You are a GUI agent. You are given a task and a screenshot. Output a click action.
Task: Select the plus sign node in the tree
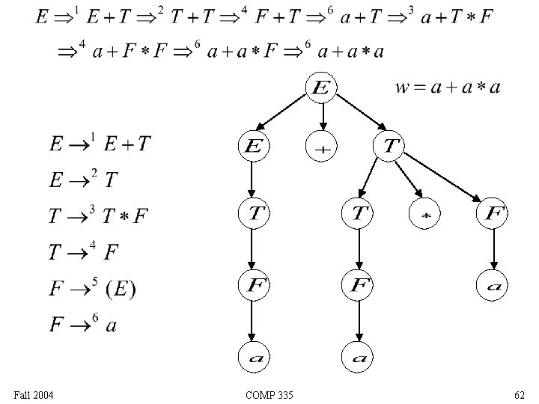pyautogui.click(x=322, y=147)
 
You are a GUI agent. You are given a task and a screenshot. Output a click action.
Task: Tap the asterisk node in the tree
pyautogui.click(x=424, y=215)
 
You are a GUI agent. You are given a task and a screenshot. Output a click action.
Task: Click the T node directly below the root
pyautogui.click(x=389, y=146)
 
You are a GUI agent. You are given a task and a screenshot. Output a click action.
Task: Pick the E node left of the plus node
pyautogui.click(x=253, y=147)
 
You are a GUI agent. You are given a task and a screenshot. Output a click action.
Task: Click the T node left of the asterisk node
pyautogui.click(x=358, y=215)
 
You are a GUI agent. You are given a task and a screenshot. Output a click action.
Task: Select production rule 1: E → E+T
pyautogui.click(x=99, y=143)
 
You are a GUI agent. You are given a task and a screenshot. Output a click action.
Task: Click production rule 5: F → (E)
pyautogui.click(x=92, y=288)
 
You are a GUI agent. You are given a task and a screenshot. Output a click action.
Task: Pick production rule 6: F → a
pyautogui.click(x=83, y=325)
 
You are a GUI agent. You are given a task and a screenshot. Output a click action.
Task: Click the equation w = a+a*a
pyautogui.click(x=448, y=88)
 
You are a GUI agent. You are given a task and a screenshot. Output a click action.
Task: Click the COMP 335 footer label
pyautogui.click(x=269, y=394)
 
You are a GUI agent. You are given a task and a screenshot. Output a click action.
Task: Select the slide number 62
pyautogui.click(x=519, y=394)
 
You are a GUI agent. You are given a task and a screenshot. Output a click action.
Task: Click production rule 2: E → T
pyautogui.click(x=82, y=180)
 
